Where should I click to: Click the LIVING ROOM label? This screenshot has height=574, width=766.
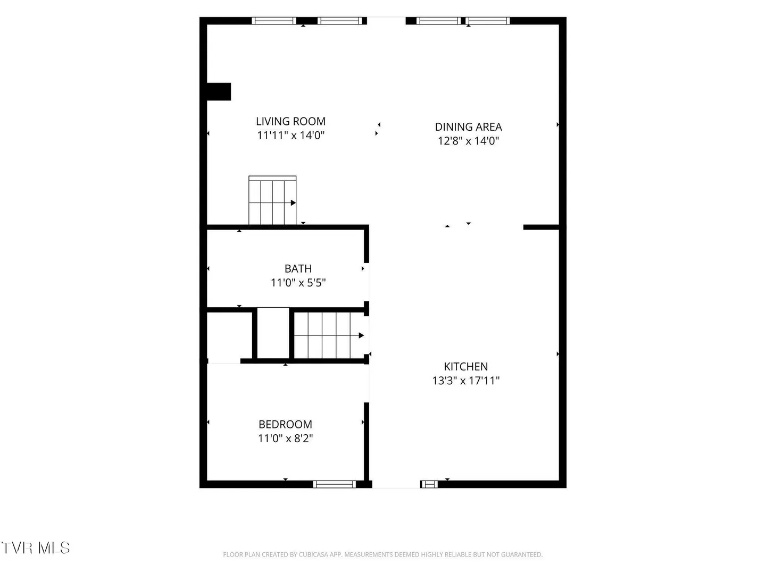point(290,121)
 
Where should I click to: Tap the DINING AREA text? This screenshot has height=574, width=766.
point(468,127)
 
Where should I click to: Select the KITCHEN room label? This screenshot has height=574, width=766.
point(465,367)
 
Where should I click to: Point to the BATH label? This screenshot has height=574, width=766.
point(298,269)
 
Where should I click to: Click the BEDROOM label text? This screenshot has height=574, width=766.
point(285,425)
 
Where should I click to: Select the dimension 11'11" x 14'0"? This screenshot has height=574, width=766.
point(290,135)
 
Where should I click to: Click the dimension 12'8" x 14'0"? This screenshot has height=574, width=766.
point(468,141)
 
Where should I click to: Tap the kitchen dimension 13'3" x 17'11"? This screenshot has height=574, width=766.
point(466,381)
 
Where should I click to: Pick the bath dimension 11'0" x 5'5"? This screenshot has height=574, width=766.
point(298,283)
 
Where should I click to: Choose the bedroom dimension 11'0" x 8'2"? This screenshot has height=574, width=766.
point(285,438)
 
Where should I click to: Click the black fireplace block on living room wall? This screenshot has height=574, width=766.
point(219,91)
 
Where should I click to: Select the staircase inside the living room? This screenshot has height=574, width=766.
point(272,200)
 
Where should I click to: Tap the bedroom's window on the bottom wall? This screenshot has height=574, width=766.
point(334,484)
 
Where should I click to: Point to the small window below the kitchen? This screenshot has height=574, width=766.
point(429,484)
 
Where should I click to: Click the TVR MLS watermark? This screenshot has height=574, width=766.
point(36,548)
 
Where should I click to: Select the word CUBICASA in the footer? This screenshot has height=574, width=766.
point(313,554)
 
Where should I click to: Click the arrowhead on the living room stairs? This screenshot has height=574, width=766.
point(294,203)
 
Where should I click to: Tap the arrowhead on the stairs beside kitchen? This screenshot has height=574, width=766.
point(362,335)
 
